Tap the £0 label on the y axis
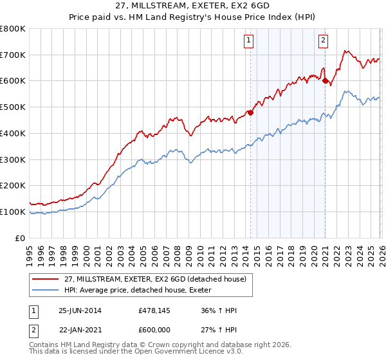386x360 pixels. point(21,238)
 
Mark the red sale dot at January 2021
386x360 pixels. point(325,81)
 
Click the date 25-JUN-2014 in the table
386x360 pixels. point(80,310)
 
